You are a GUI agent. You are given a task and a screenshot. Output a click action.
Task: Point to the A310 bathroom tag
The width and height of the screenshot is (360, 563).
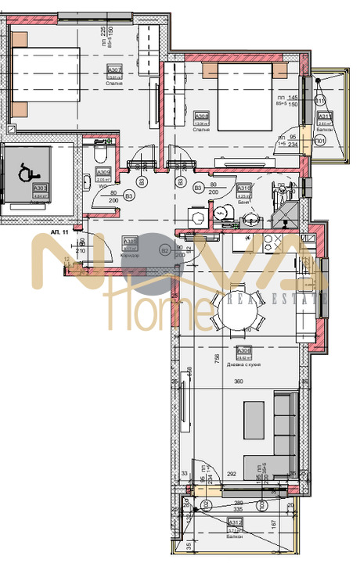coord(243,188)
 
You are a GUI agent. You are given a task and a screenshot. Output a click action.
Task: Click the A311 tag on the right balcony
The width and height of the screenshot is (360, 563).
coord(324,117)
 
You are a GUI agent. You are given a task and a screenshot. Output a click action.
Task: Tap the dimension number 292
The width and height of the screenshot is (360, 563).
coord(232,473)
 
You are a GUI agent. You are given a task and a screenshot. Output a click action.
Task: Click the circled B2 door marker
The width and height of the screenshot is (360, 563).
coord(164,249)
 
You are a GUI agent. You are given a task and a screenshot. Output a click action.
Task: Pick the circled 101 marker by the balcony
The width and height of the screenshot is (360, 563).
coord(320,142)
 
